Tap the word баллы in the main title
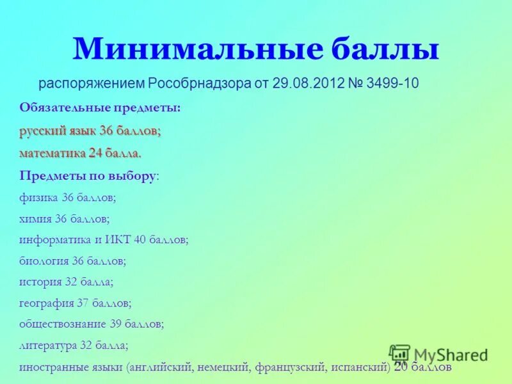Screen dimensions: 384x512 (383, 50)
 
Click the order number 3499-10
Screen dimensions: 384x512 (392, 84)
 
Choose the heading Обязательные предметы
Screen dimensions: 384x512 (100, 108)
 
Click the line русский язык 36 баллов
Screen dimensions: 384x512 (90, 131)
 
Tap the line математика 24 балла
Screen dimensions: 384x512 (80, 154)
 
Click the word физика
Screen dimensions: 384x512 (39, 198)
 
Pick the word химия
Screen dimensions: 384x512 (36, 219)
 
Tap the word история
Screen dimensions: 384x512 (40, 282)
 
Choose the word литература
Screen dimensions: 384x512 (48, 345)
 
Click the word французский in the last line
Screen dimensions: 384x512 (291, 368)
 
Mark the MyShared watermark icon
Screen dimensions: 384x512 (399, 353)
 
